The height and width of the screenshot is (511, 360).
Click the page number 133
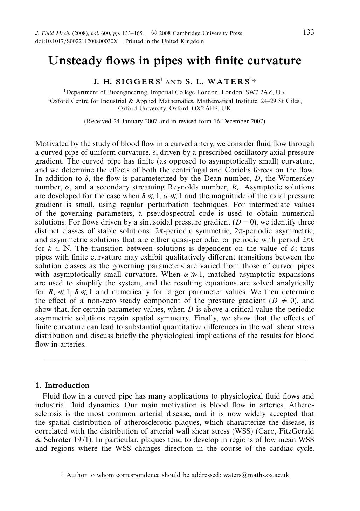pos(308,33)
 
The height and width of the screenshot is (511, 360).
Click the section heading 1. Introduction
pos(62,385)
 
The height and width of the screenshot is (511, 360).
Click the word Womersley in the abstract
pos(298,179)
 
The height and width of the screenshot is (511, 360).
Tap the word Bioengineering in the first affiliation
pos(127,92)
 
